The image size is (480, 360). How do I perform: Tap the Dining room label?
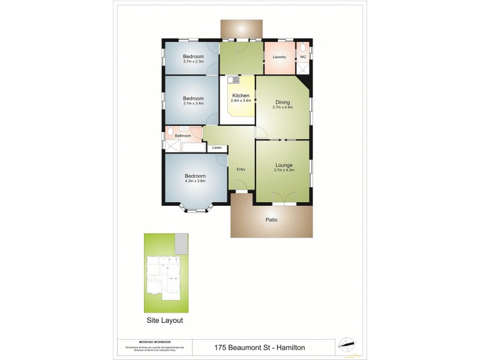click(282, 102)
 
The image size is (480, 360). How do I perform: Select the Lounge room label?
click(283, 165)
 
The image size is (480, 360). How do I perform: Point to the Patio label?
click(271, 220)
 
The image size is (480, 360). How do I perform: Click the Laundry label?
click(278, 57)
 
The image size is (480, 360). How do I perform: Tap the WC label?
click(302, 57)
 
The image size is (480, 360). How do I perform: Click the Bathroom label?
click(182, 136)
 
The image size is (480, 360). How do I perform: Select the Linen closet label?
click(217, 148)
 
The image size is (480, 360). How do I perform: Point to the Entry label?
click(241, 169)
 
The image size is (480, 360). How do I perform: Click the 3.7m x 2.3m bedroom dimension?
click(193, 61)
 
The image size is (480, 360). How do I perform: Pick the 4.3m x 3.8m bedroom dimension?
click(195, 181)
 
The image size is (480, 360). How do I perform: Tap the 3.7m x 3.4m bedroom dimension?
click(193, 103)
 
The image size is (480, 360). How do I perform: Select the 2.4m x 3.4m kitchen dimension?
click(240, 100)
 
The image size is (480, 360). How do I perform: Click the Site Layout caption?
click(165, 320)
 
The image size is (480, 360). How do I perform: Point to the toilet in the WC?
click(304, 47)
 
